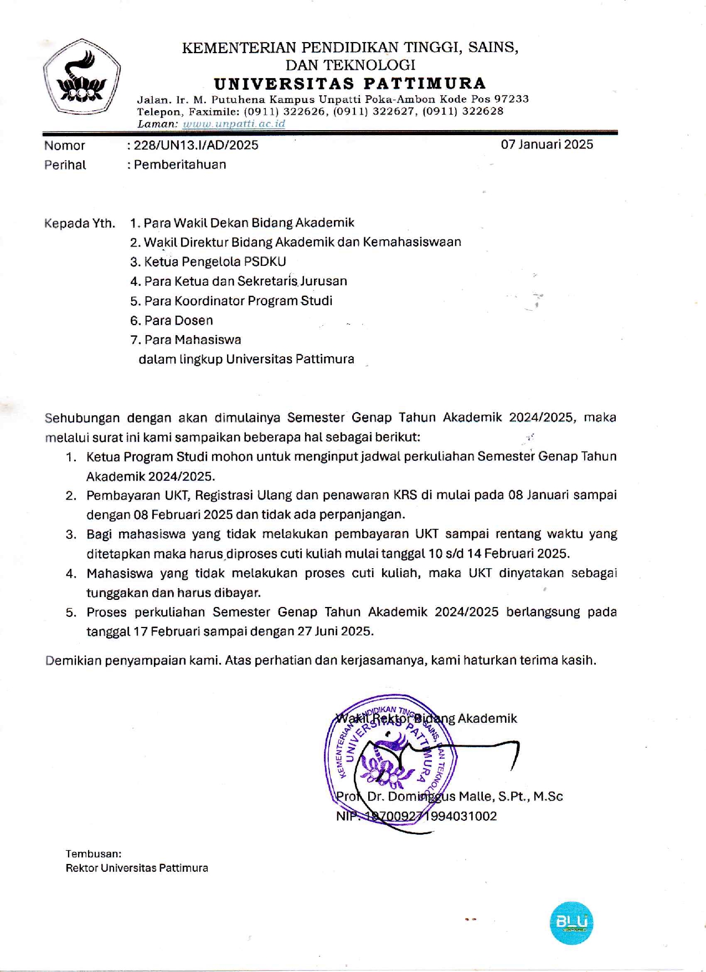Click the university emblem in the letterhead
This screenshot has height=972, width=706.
tap(82, 78)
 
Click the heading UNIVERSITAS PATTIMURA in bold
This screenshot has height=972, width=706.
tap(350, 84)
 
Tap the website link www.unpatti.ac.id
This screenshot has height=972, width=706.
tap(234, 124)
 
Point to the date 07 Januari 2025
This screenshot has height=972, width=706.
tap(547, 145)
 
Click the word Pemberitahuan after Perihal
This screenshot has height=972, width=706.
tap(180, 164)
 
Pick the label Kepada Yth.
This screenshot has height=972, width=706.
tap(80, 223)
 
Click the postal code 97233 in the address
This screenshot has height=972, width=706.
tap(511, 99)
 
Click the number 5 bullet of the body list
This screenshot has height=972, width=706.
tap(71, 613)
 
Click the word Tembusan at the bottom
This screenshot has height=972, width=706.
tap(93, 853)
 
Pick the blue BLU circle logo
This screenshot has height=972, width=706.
tap(571, 923)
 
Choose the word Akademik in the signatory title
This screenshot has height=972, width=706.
tap(487, 718)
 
